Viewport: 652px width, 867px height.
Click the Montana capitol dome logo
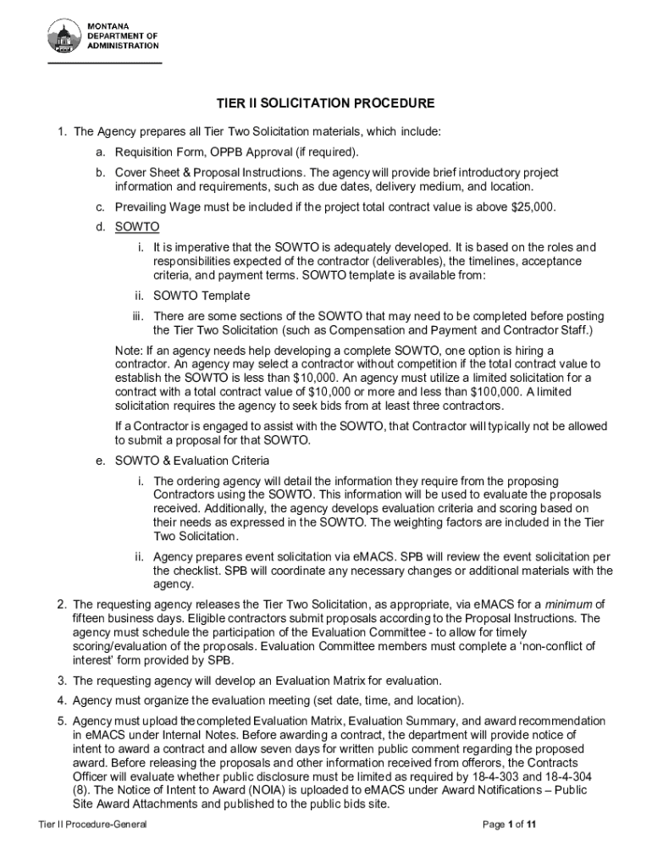[x=64, y=37]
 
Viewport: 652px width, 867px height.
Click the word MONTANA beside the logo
[x=111, y=26]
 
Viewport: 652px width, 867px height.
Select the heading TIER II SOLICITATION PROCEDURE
[x=325, y=103]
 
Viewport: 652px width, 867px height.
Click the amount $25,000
[x=533, y=207]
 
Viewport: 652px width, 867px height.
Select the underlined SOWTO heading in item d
[x=136, y=227]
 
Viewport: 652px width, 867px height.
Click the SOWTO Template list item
[x=202, y=295]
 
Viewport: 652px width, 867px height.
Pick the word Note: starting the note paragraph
[x=129, y=351]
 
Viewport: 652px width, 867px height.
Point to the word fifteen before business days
[x=91, y=618]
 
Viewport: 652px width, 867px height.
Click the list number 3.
[x=62, y=680]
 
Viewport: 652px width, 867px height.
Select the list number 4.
[x=62, y=700]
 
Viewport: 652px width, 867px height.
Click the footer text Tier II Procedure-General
[x=86, y=825]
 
